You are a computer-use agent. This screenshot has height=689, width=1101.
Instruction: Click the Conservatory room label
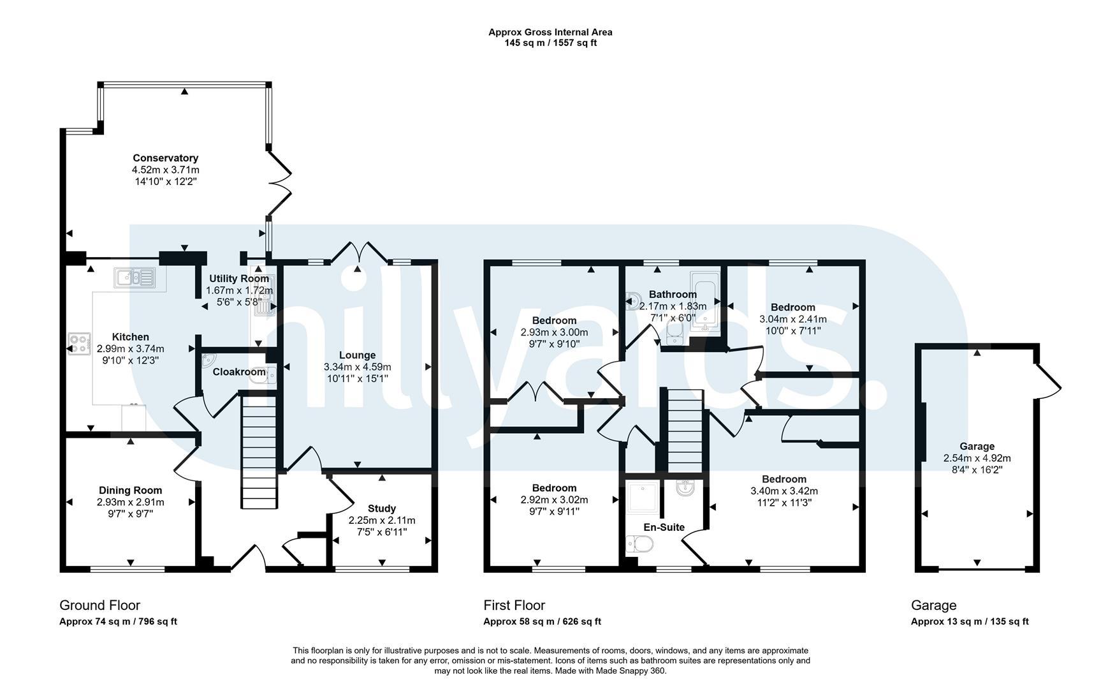(x=165, y=158)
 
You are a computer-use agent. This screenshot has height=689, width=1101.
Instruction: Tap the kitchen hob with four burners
(x=79, y=344)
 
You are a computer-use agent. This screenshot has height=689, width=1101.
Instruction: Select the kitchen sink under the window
(x=135, y=278)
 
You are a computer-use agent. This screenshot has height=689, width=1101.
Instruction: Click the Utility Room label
(x=239, y=279)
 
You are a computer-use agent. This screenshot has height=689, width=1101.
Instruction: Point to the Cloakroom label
(x=239, y=372)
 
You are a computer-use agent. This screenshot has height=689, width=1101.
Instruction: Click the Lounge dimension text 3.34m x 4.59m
(x=357, y=367)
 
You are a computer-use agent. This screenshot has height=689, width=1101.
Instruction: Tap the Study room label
(x=382, y=508)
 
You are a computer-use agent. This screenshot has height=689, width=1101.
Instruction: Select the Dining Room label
(x=130, y=491)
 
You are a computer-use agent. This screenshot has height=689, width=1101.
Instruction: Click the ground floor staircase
(x=259, y=452)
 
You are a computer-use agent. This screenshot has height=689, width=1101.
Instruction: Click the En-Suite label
(x=664, y=527)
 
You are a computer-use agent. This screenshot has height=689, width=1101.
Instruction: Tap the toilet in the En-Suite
(x=640, y=544)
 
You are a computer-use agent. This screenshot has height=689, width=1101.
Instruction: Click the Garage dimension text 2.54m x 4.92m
(x=977, y=458)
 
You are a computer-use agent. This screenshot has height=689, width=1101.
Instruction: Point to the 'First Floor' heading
(x=514, y=605)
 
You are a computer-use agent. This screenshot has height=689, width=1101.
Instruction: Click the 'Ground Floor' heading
(x=99, y=605)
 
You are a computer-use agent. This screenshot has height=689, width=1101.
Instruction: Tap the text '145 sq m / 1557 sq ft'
(x=550, y=43)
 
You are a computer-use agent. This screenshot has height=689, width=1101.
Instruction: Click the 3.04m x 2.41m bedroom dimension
(x=792, y=319)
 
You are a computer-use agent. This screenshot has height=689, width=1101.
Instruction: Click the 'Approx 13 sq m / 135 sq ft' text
(x=970, y=621)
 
